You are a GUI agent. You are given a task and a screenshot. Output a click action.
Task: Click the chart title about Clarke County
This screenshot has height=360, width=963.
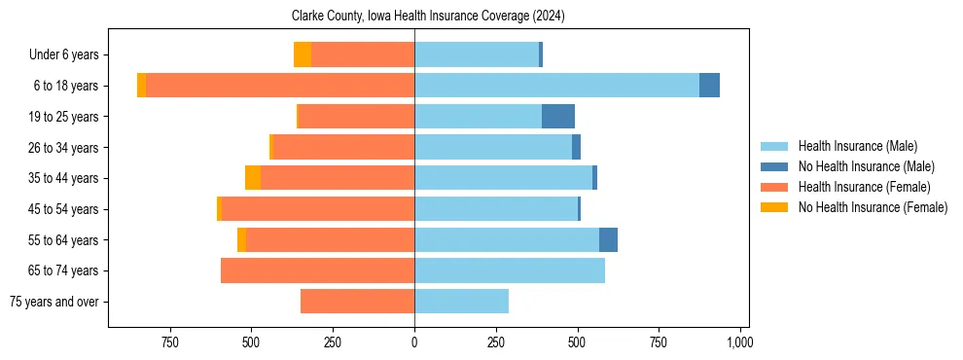pyautogui.click(x=428, y=17)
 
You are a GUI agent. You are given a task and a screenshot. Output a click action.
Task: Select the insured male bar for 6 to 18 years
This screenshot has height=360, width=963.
pyautogui.click(x=556, y=86)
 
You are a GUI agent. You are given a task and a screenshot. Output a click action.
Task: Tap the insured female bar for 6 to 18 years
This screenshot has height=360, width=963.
pyautogui.click(x=280, y=86)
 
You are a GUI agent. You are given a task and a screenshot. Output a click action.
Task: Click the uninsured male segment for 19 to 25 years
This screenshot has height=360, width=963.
pyautogui.click(x=558, y=117)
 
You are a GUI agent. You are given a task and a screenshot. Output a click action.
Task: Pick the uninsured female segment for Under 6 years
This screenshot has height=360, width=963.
pyautogui.click(x=303, y=54)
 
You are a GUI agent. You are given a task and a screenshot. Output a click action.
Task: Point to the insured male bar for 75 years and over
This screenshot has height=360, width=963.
pyautogui.click(x=461, y=302)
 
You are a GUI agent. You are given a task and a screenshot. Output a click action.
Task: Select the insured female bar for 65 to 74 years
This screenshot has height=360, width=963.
pyautogui.click(x=317, y=270)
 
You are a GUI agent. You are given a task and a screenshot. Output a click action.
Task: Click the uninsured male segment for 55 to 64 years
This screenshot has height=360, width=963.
pyautogui.click(x=608, y=239)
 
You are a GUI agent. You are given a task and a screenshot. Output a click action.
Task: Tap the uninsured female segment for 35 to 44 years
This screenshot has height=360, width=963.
pyautogui.click(x=253, y=178)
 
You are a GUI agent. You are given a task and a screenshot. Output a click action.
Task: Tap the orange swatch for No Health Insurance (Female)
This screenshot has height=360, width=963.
pyautogui.click(x=774, y=207)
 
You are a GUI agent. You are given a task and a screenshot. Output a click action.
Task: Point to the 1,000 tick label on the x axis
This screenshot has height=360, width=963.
pyautogui.click(x=739, y=342)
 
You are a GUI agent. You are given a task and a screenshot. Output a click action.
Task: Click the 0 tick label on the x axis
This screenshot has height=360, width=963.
pyautogui.click(x=414, y=342)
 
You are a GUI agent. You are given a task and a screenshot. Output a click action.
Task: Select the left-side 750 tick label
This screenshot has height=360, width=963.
pyautogui.click(x=169, y=342)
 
